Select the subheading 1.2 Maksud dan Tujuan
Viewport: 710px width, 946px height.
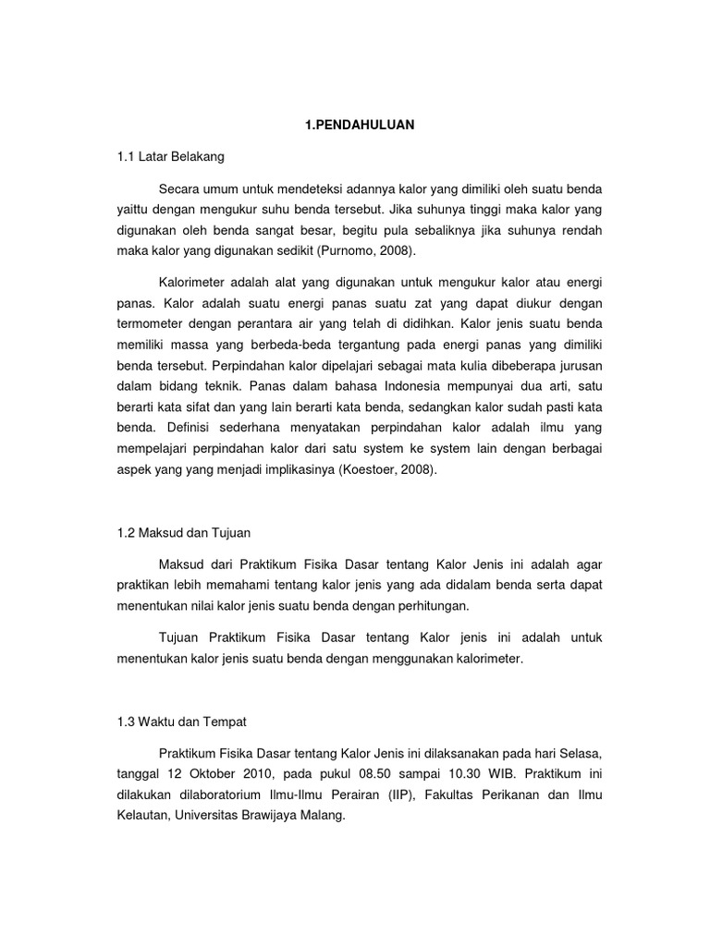[183, 533]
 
